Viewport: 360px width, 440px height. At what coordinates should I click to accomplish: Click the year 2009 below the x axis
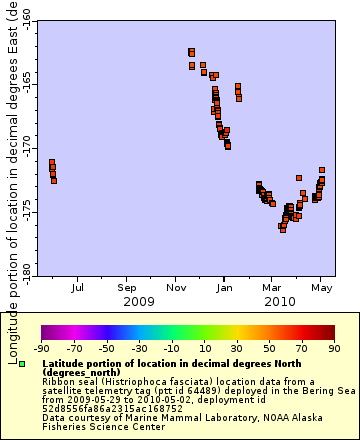tap(139, 301)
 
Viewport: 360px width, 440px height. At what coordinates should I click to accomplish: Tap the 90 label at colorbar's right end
tap(334, 349)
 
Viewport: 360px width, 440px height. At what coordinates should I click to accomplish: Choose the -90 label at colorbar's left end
tap(42, 349)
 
